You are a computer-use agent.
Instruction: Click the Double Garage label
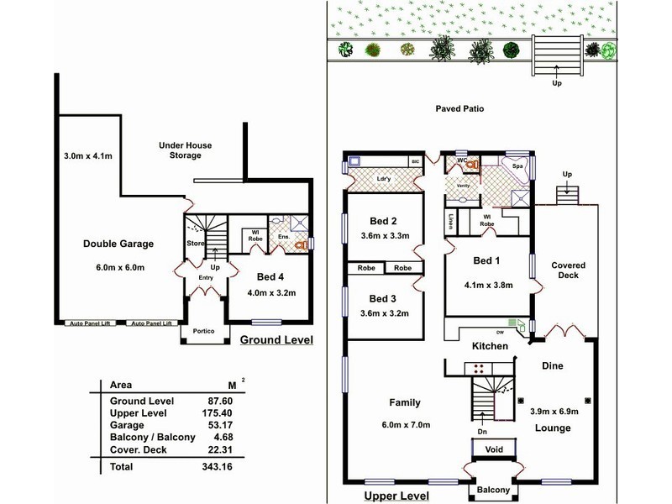tap(118, 244)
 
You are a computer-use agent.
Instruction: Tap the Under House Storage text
tap(180, 150)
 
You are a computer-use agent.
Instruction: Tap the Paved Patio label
tap(459, 109)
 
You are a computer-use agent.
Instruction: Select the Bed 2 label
tap(382, 221)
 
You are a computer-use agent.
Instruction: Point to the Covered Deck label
tap(568, 270)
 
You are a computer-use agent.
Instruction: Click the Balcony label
tap(493, 490)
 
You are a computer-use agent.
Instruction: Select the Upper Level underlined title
tap(396, 496)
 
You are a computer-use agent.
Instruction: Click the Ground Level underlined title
tap(276, 340)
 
